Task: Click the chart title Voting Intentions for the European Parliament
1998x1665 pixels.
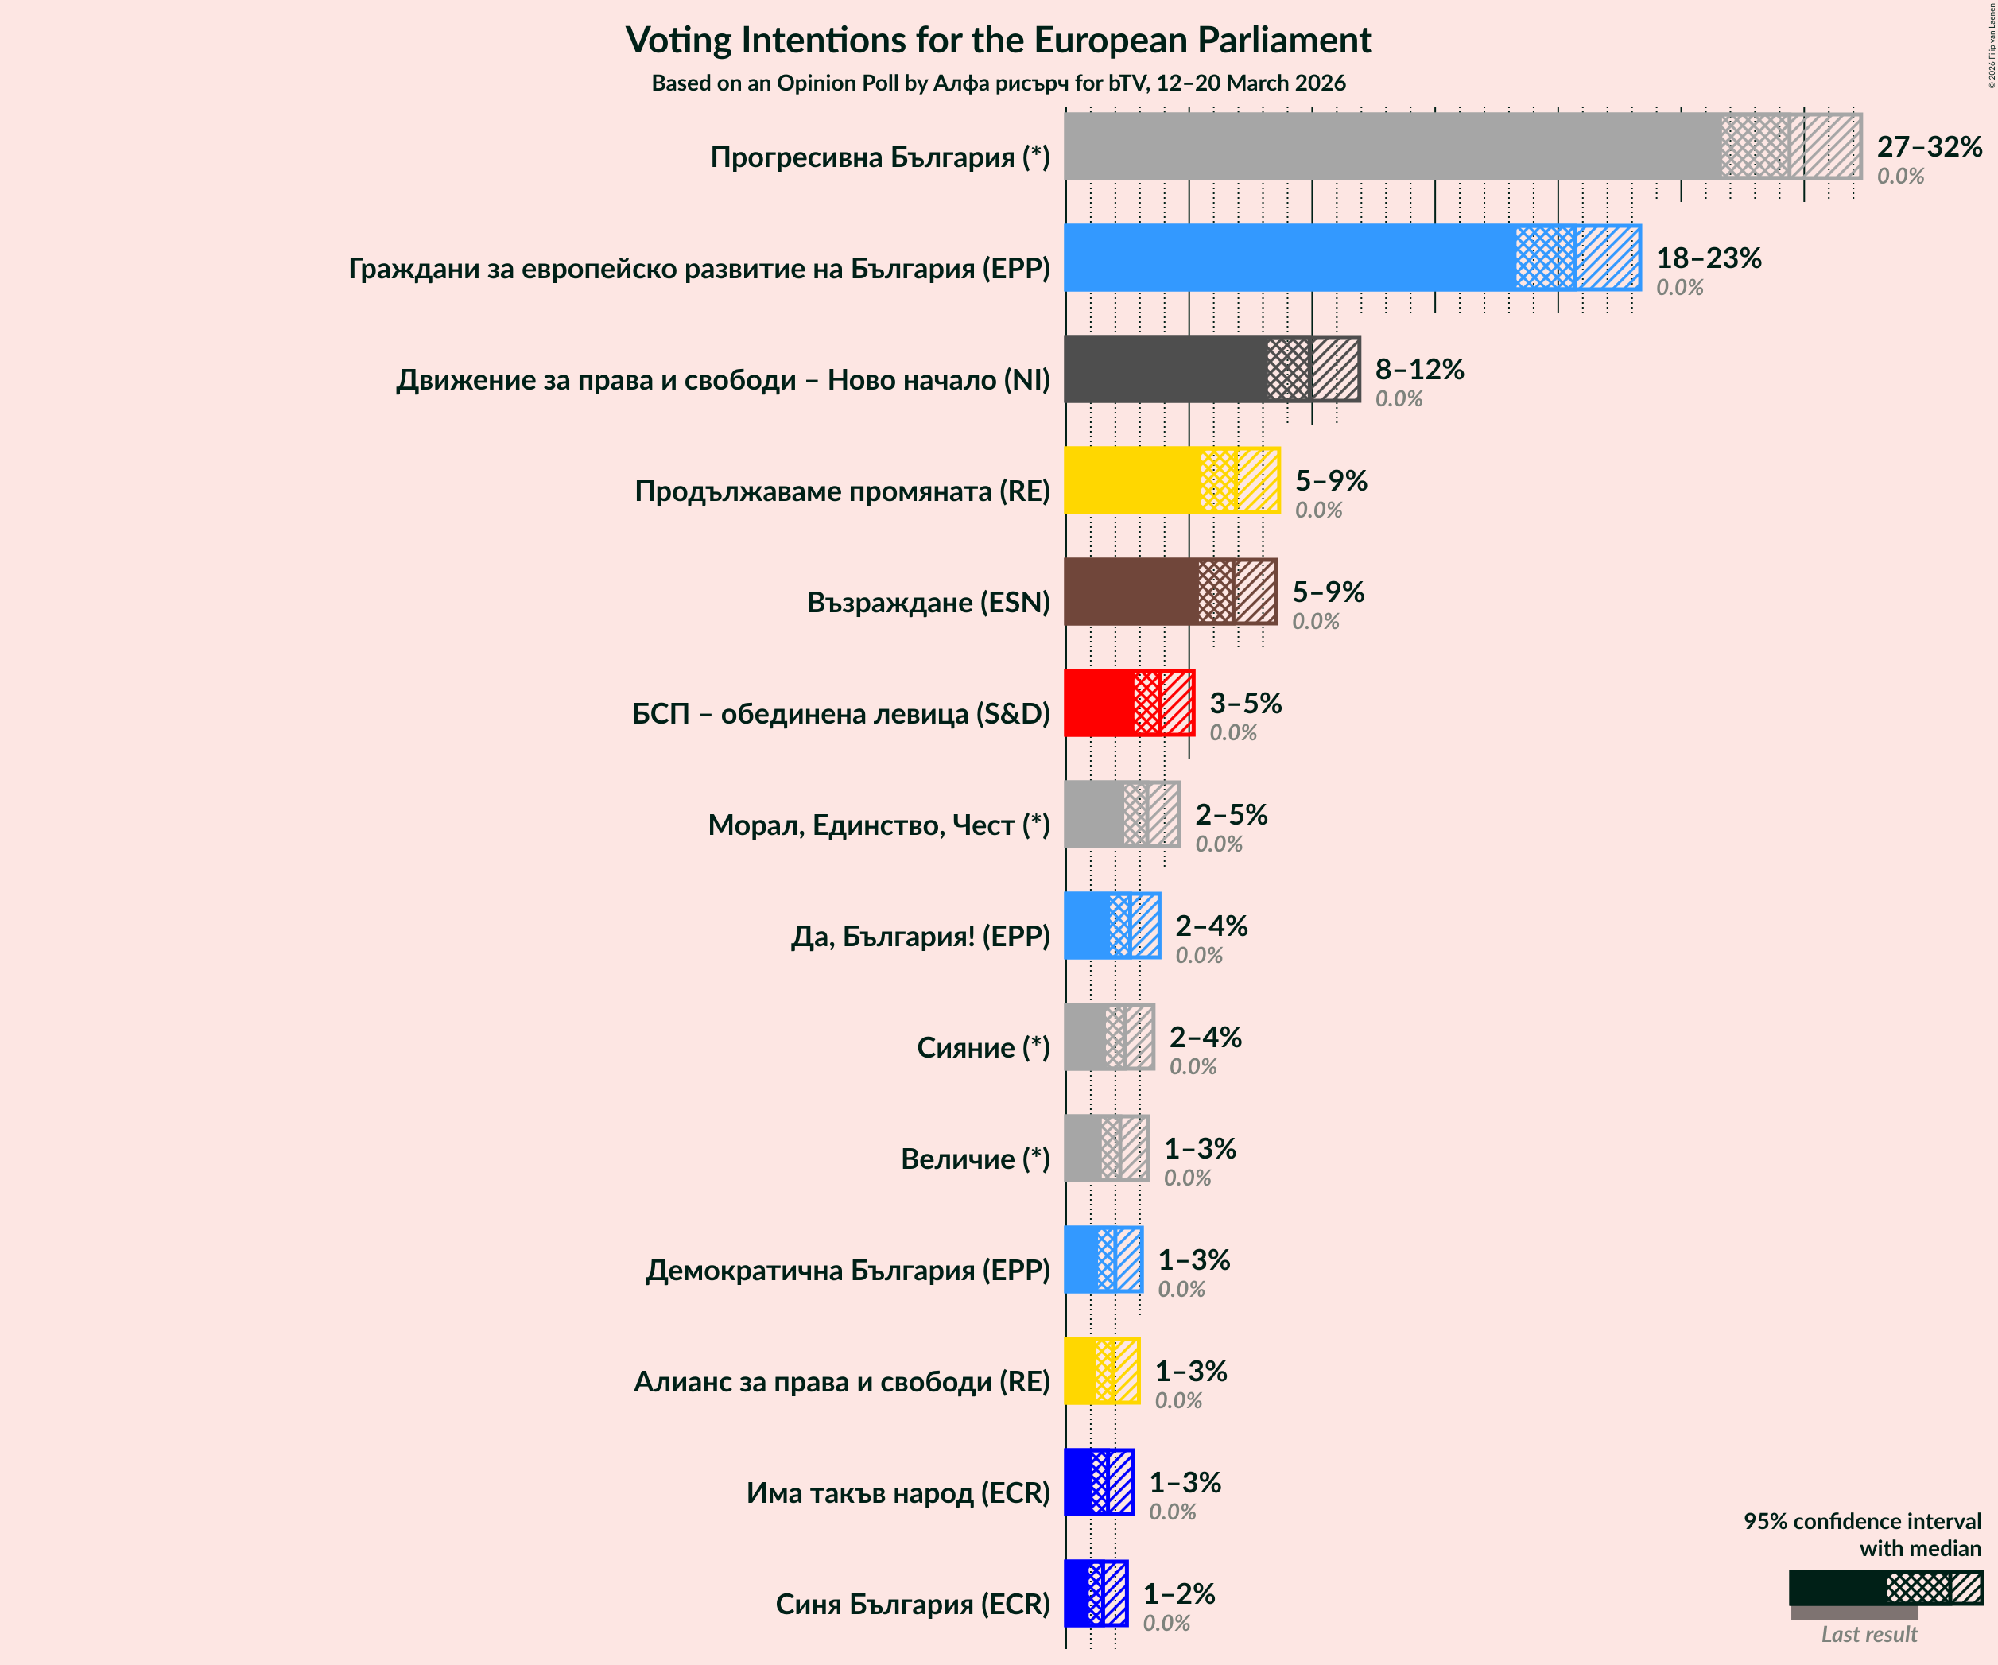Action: click(998, 40)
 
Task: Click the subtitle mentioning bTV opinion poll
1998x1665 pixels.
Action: click(998, 83)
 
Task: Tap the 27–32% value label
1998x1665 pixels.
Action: click(1929, 146)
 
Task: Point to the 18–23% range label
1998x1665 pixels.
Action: click(1708, 258)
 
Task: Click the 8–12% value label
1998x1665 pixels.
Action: click(1418, 369)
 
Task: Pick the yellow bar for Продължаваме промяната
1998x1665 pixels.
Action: click(1132, 480)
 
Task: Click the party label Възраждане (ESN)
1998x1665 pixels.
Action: click(928, 602)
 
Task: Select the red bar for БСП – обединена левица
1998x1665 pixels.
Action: click(1099, 703)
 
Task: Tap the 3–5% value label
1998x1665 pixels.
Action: click(1244, 703)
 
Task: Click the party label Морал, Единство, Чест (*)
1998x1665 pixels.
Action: click(879, 825)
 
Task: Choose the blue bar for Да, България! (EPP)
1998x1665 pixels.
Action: click(1088, 926)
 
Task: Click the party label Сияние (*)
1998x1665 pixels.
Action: click(983, 1047)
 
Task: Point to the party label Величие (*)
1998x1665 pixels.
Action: click(976, 1159)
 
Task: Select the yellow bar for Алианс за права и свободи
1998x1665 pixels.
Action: click(1080, 1371)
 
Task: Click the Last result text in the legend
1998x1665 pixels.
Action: click(1868, 1635)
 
